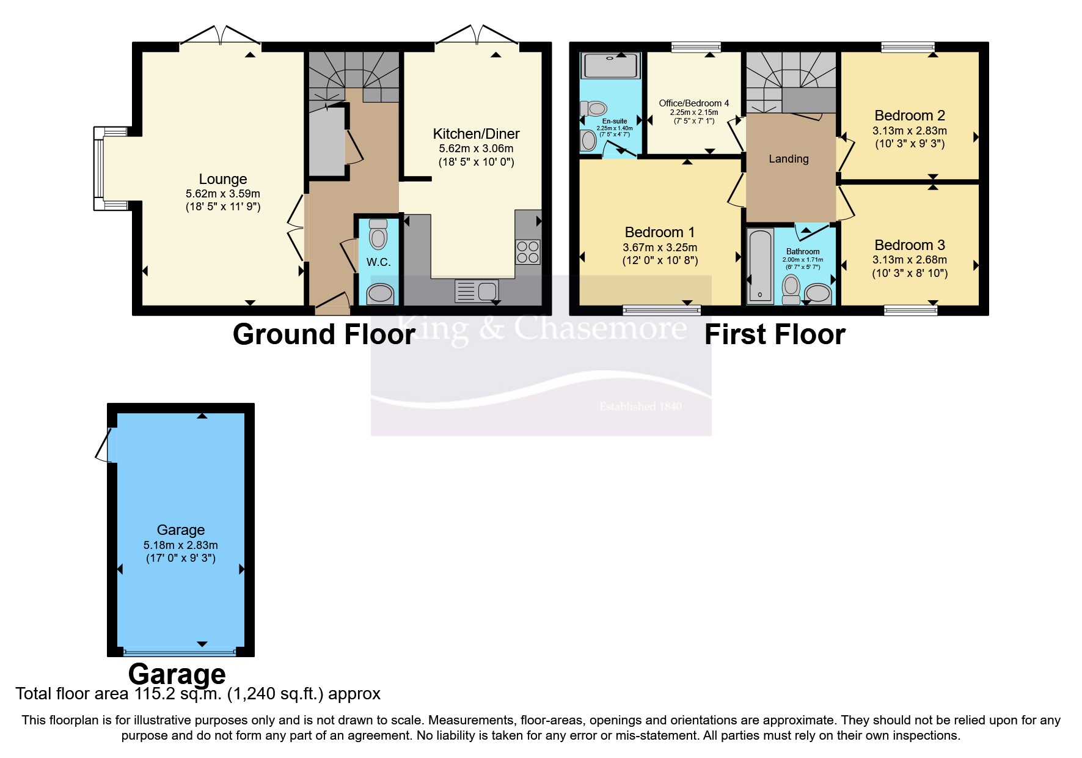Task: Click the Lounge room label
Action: coord(222,179)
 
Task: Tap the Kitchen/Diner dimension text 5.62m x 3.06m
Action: coord(476,149)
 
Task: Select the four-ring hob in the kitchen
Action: coord(528,252)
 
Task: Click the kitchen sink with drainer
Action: coord(477,290)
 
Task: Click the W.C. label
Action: coord(378,262)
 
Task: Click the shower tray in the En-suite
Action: coord(610,66)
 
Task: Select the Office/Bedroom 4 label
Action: coord(693,103)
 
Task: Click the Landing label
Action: coord(788,159)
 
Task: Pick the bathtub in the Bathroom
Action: coord(760,266)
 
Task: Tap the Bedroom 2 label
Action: coord(909,116)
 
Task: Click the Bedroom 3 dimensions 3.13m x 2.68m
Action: coord(909,260)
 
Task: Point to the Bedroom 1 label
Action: coord(659,232)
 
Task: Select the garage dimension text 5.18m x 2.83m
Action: coord(180,545)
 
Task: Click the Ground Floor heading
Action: coord(324,335)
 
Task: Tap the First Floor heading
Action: coord(774,335)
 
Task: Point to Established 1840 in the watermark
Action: coord(640,407)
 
